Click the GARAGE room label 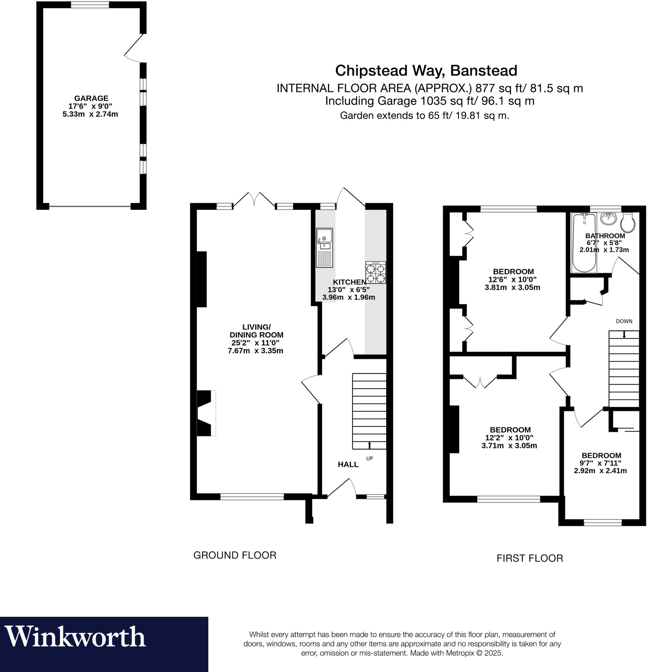point(91,98)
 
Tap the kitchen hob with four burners point(375,273)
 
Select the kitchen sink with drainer point(324,247)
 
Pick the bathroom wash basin point(608,219)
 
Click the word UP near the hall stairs point(369,458)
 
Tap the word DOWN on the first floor point(624,321)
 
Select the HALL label point(348,465)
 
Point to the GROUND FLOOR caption point(235,555)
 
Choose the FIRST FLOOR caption point(529,558)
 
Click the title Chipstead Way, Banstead point(426,71)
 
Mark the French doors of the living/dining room point(254,200)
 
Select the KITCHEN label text point(349,282)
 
